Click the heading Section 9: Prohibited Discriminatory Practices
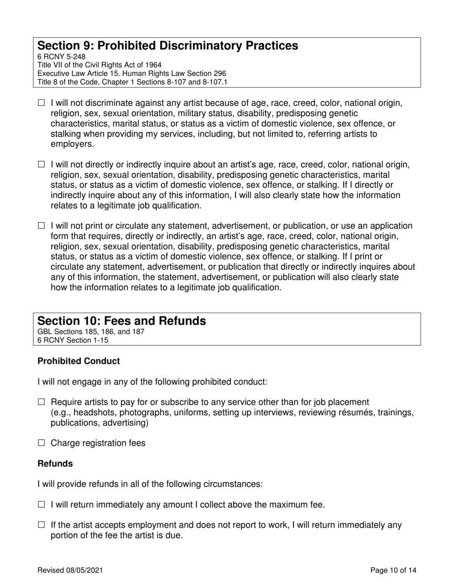[168, 46]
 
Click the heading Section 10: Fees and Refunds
[122, 321]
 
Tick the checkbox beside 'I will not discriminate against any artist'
[41, 103]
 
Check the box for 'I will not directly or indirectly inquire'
[41, 165]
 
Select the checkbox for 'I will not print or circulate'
[41, 226]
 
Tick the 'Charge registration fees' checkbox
[41, 443]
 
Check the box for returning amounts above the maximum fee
[41, 504]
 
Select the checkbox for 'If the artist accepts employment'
[41, 525]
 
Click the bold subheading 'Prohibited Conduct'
[78, 361]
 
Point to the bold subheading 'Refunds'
[55, 464]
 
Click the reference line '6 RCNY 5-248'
[62, 56]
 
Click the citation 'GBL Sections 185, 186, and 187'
[91, 331]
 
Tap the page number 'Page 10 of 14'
[393, 570]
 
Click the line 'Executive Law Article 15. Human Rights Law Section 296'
[132, 73]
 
